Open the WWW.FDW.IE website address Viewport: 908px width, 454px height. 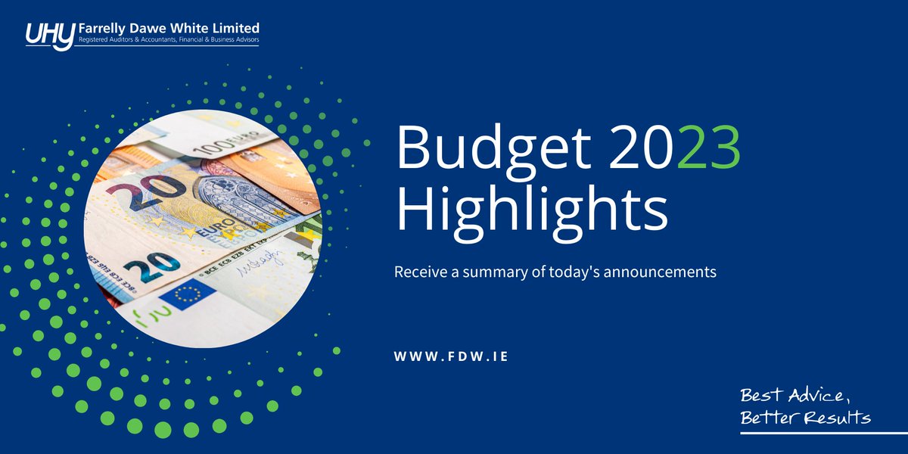pyautogui.click(x=450, y=356)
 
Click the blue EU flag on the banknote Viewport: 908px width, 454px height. pyautogui.click(x=188, y=294)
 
